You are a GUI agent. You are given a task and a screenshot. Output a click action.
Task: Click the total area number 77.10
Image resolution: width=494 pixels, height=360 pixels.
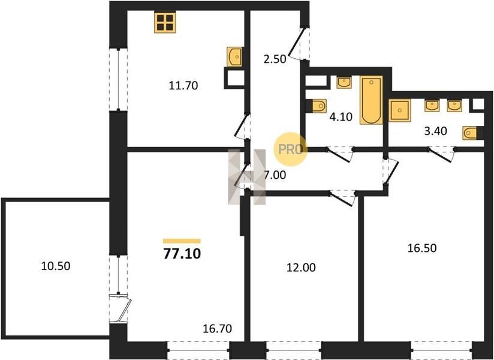(x=182, y=253)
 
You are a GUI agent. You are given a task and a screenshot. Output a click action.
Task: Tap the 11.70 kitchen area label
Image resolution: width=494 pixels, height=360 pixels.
(x=183, y=85)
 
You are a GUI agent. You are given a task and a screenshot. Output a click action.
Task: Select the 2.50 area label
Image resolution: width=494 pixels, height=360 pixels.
(x=275, y=59)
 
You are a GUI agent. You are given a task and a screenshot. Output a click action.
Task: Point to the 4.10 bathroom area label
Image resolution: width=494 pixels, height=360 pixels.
(x=341, y=117)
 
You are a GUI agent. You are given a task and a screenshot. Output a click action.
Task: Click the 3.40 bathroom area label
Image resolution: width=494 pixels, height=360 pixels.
(x=436, y=131)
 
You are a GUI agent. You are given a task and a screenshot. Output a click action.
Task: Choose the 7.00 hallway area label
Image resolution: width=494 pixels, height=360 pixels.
(x=275, y=175)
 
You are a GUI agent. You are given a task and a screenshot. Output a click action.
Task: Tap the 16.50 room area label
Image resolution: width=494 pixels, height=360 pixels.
(x=422, y=248)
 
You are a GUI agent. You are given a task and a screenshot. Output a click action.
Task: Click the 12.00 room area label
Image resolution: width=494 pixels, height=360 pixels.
(x=301, y=268)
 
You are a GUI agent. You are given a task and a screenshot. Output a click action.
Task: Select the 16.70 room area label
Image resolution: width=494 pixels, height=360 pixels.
(x=218, y=329)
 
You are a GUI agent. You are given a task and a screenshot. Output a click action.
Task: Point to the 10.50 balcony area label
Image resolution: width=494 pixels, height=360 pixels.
(x=56, y=266)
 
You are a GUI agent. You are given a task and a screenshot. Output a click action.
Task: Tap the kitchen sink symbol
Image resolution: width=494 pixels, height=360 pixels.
(x=234, y=57)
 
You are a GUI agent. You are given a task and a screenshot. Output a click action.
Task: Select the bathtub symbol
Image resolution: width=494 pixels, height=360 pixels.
(x=372, y=100)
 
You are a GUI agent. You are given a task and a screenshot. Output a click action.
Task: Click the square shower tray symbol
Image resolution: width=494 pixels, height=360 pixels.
(x=399, y=110)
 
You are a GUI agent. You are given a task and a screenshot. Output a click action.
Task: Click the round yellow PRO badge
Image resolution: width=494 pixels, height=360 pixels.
(x=290, y=149)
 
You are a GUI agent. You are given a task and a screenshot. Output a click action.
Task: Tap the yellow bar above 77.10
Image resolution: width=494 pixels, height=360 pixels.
(x=182, y=241)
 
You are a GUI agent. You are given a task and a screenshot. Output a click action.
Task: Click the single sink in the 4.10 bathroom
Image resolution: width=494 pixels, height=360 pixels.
(x=344, y=83)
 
